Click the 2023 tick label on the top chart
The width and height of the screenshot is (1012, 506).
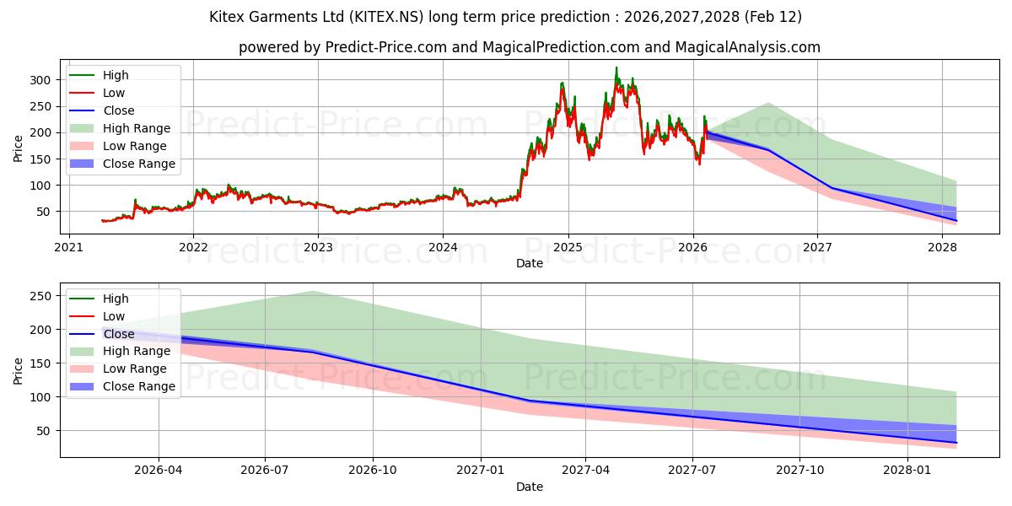[318, 247]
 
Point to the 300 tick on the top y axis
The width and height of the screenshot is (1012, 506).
[40, 79]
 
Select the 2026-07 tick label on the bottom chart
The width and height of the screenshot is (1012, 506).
[265, 471]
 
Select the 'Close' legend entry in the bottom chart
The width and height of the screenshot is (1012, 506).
[118, 334]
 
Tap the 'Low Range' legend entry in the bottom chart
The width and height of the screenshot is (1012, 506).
[134, 369]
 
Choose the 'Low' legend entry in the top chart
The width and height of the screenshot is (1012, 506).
[113, 93]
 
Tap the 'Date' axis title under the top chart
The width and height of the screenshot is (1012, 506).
[529, 263]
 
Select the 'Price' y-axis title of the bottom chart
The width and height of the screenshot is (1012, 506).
[19, 370]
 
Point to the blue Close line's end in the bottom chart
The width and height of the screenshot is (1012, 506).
[956, 443]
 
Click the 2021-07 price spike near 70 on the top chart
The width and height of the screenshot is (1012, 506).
[135, 200]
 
